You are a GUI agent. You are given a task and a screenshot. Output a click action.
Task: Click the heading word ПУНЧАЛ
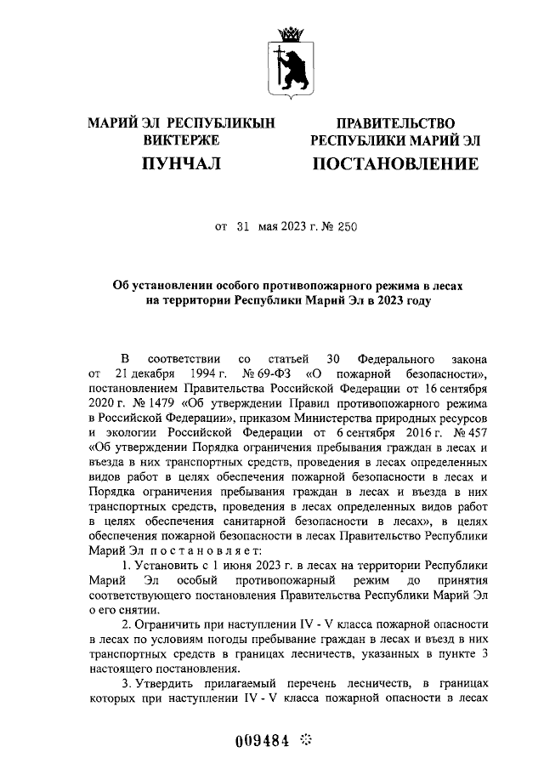tap(181, 163)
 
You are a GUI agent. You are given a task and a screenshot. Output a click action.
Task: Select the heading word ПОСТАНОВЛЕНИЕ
tap(395, 163)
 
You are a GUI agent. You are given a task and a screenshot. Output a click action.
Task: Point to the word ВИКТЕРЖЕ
tap(181, 140)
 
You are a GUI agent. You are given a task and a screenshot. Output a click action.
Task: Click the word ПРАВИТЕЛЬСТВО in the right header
tap(395, 123)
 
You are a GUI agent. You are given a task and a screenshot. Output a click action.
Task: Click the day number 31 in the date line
tap(243, 227)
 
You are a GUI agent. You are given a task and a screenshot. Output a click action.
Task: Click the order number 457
tap(471, 435)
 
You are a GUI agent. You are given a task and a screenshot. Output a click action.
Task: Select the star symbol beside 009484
tap(307, 741)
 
